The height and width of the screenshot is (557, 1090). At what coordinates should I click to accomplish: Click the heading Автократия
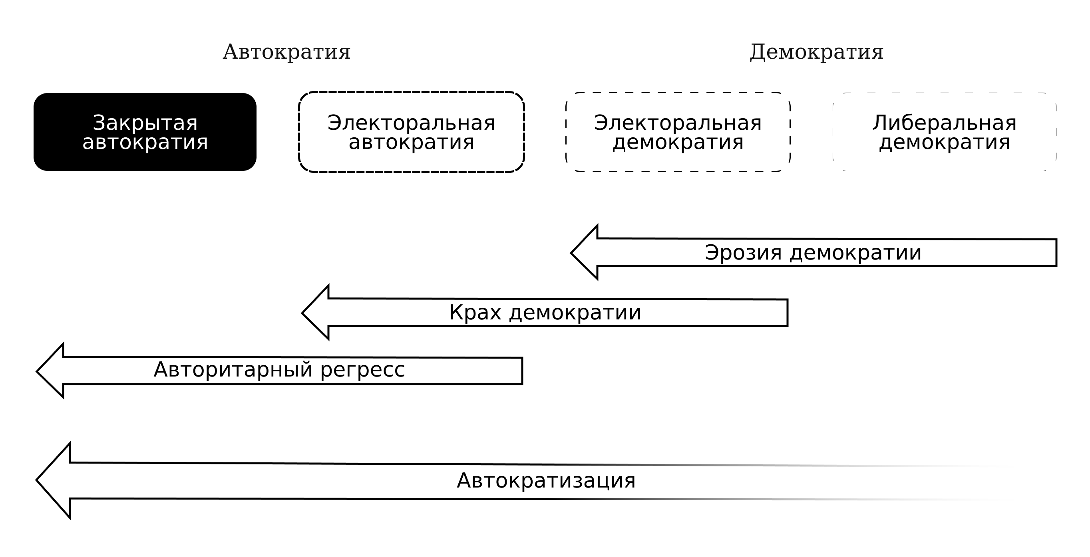[286, 52]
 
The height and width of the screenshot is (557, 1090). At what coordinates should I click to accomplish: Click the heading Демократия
[816, 52]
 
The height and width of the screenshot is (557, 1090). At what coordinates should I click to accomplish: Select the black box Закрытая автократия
[145, 132]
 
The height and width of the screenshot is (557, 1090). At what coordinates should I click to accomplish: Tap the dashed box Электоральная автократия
[411, 132]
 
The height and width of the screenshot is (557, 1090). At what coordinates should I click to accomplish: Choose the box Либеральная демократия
[945, 132]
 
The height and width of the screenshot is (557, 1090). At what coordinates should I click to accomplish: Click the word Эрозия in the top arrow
[743, 252]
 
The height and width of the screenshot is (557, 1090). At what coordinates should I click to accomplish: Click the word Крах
[475, 313]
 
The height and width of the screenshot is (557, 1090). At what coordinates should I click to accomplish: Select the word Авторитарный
[233, 370]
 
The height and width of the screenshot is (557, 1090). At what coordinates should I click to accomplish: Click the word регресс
[362, 371]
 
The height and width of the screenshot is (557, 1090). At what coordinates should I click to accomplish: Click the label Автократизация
[546, 480]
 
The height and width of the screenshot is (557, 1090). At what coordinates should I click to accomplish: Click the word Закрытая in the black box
[145, 123]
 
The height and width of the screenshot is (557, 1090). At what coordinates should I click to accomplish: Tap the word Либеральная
[945, 123]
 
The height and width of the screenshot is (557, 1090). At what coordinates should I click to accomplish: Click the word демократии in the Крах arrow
[575, 313]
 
